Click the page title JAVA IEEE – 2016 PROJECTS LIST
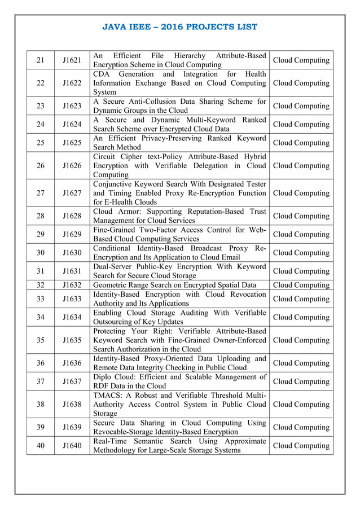(180, 27)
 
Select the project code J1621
(72, 60)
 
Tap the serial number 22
(40, 83)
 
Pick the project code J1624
(72, 124)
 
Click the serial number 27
(40, 193)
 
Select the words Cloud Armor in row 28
(117, 212)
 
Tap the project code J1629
(72, 234)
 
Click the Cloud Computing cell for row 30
(301, 253)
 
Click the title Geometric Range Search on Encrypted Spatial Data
(175, 285)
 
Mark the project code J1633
(72, 299)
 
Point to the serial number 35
(40, 340)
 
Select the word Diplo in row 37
(104, 377)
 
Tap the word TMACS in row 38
(107, 395)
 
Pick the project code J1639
(72, 427)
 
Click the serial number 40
(40, 446)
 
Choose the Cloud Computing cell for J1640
(301, 446)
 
